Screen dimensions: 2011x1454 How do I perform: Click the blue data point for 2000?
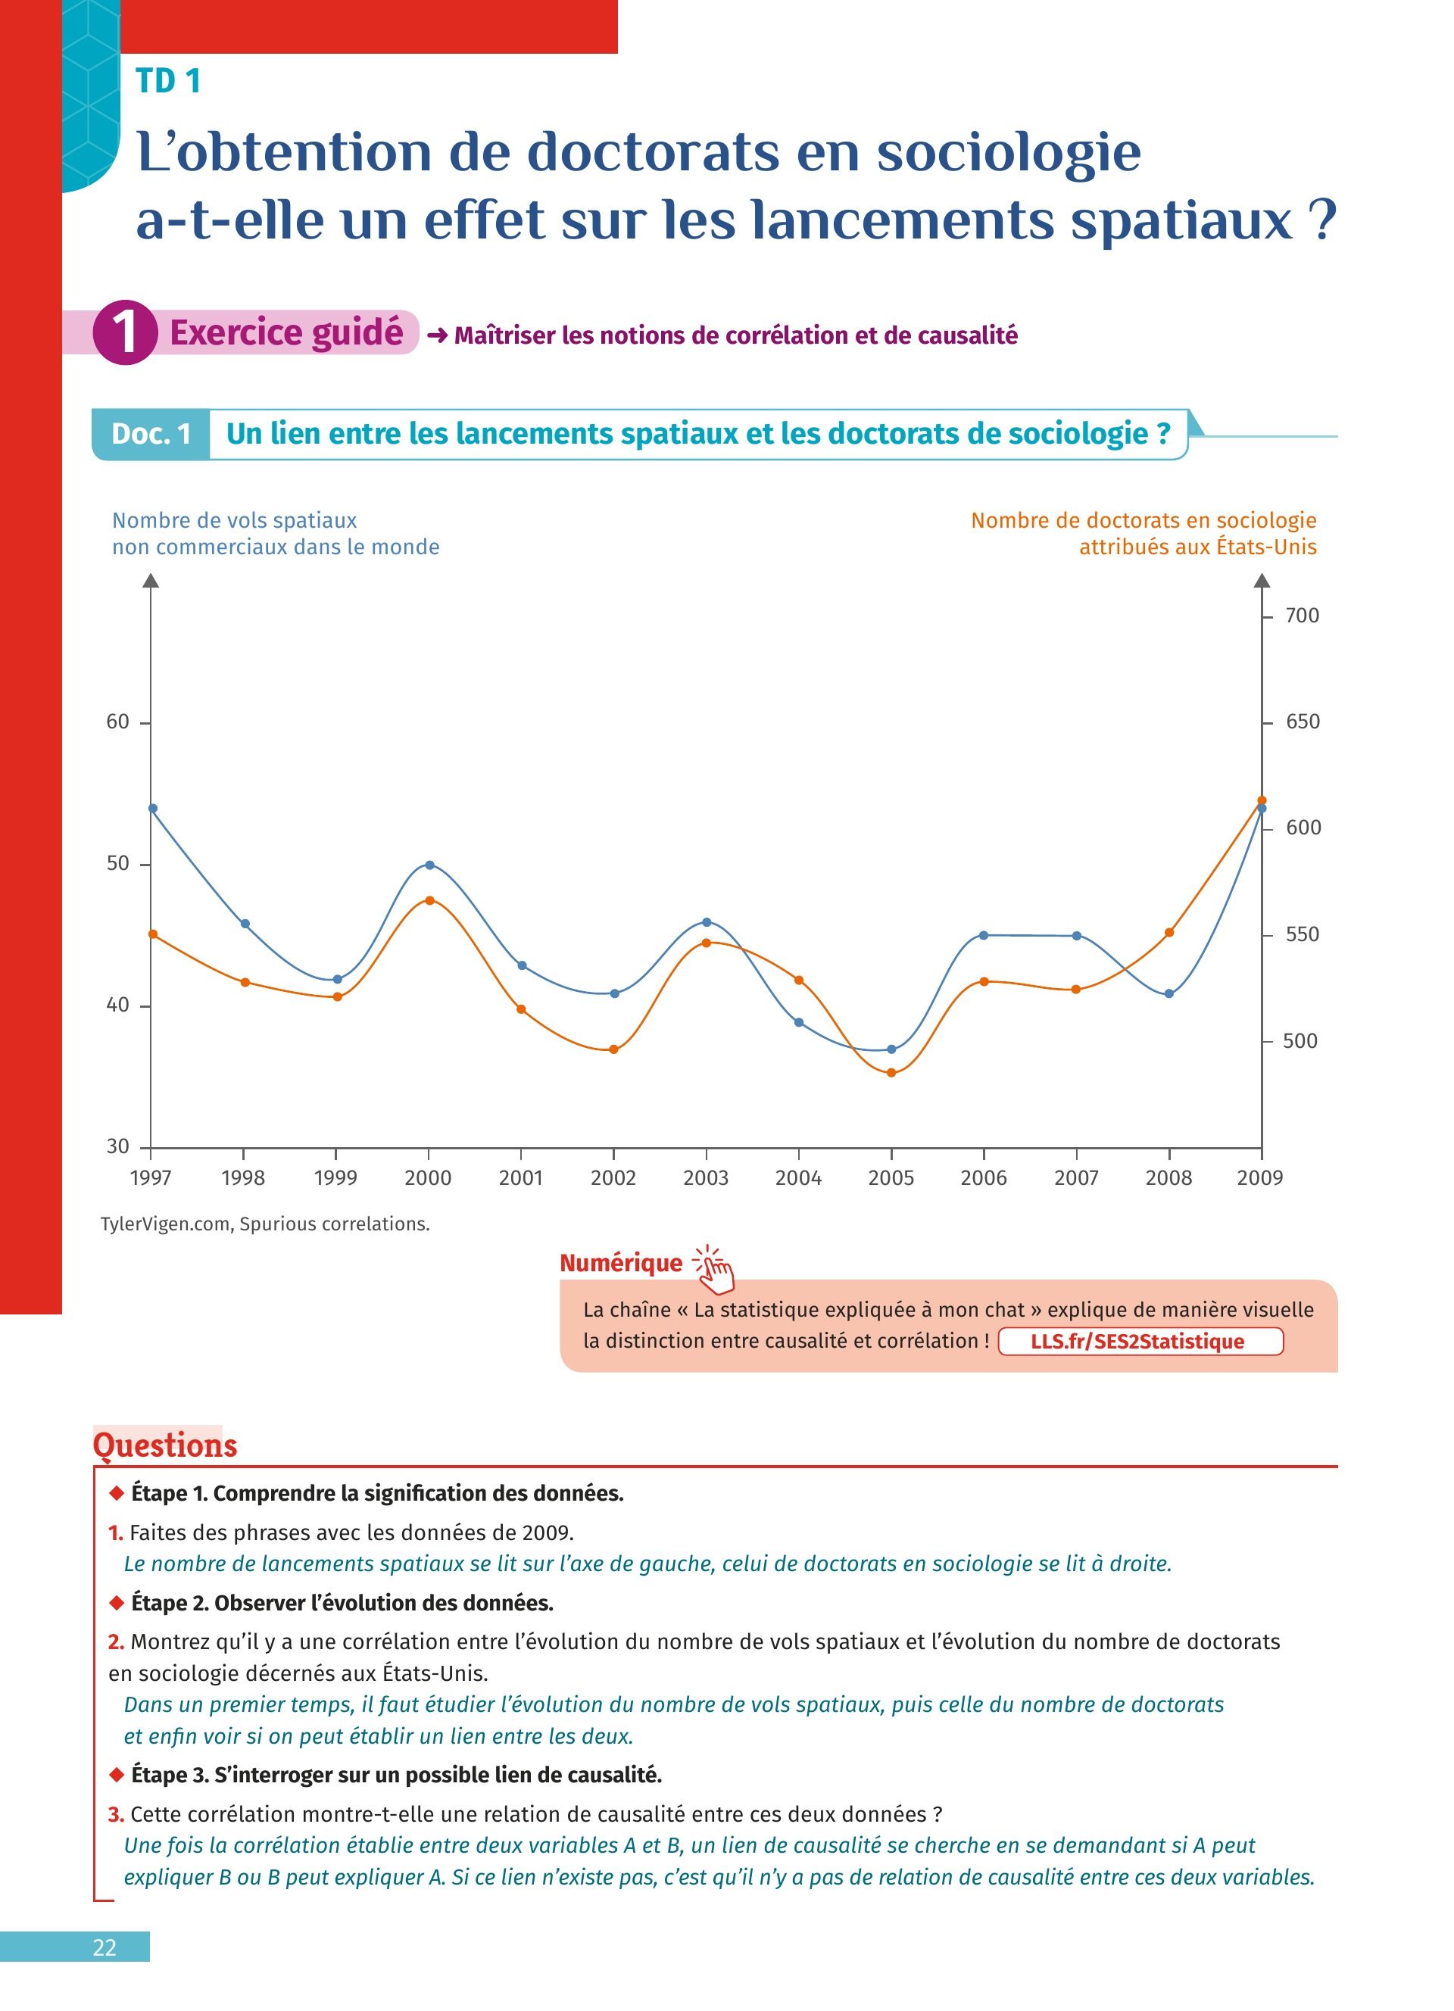coord(430,865)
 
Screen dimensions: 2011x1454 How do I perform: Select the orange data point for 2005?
coord(892,1073)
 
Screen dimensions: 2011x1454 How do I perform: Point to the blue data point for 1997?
coord(152,809)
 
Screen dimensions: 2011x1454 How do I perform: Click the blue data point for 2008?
coord(1169,994)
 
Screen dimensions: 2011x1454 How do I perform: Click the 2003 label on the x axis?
coord(706,1178)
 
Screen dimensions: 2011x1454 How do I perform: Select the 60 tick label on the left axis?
coord(118,722)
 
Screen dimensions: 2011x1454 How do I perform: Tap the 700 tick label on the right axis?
coord(1303,616)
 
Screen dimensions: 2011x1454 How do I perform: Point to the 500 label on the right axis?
coord(1300,1041)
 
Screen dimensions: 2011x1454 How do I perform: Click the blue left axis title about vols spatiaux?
coord(275,534)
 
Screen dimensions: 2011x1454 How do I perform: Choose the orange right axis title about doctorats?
coord(1144,534)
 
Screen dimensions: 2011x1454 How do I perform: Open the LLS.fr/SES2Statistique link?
coord(1140,1342)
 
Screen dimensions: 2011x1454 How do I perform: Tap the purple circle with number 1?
coord(125,332)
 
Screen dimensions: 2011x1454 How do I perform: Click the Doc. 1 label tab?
coord(151,434)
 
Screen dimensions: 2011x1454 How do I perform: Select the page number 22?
coord(105,1947)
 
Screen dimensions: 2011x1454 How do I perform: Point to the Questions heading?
coord(165,1445)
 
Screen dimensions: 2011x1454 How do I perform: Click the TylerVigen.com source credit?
coord(265,1224)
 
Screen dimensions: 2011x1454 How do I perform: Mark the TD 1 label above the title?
coord(168,82)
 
